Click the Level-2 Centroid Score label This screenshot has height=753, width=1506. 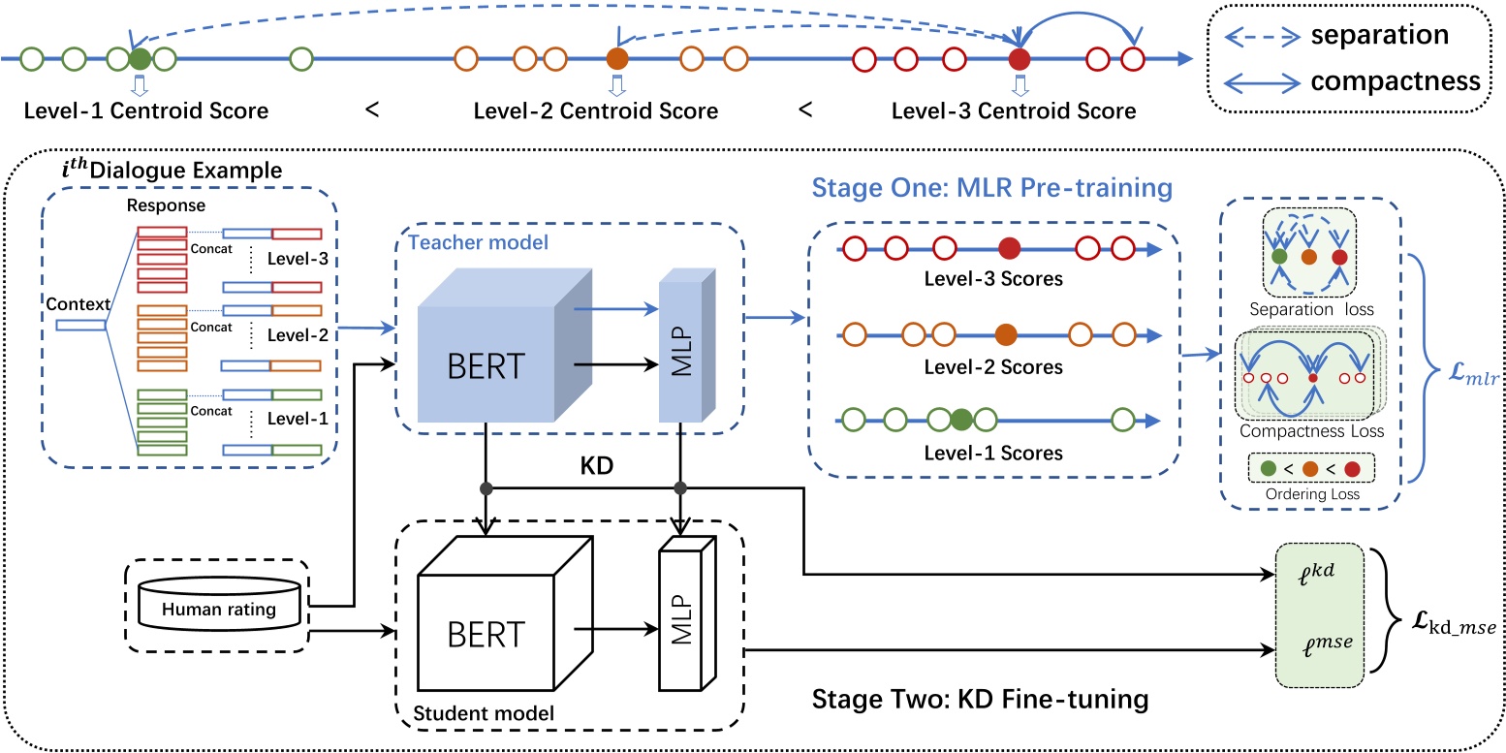click(595, 110)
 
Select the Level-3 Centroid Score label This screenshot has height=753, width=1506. click(1014, 110)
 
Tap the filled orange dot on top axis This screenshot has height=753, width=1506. click(617, 58)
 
